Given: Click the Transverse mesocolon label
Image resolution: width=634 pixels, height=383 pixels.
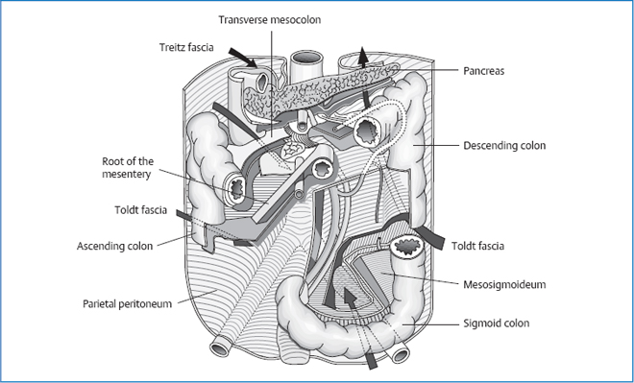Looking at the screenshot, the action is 270,20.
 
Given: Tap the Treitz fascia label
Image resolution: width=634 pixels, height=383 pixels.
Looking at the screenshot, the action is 186,47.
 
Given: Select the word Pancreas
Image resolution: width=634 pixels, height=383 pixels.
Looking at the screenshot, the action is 483,71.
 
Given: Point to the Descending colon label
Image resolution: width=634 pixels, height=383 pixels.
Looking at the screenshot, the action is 504,146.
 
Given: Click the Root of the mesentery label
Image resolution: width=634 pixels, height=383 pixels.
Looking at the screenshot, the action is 128,168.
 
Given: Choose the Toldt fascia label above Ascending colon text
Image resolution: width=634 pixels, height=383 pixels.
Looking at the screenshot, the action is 140,210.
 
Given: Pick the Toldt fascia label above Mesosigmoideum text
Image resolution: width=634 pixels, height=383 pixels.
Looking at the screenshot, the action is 477,246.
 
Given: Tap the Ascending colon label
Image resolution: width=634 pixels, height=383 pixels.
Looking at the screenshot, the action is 115,246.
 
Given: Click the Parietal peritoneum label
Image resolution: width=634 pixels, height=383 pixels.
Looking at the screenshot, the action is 128,303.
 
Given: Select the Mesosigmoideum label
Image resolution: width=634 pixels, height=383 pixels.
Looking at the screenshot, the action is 504,284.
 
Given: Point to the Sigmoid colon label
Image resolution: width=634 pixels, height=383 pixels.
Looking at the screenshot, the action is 496,323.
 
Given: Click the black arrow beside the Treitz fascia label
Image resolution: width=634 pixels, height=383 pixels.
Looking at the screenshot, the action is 242,58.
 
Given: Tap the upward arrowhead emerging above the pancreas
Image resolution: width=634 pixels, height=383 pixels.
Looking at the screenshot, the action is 363,57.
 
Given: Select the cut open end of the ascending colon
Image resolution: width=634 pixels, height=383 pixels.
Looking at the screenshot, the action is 236,188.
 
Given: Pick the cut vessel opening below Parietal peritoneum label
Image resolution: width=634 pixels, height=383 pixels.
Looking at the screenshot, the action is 220,348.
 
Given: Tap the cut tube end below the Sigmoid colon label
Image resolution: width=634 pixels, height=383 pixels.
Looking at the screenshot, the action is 401,355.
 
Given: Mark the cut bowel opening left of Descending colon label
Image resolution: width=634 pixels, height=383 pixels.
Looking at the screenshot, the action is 368,132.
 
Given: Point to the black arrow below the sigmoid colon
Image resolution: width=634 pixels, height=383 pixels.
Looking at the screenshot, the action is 371,360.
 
